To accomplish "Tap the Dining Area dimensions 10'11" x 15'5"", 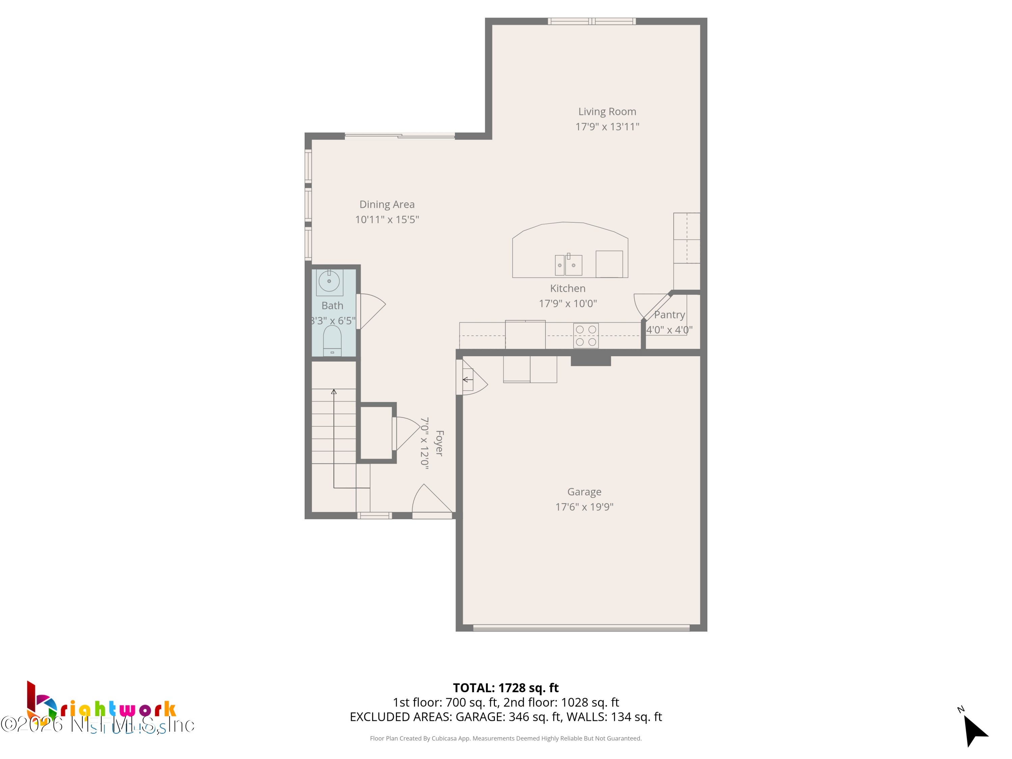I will click(387, 220).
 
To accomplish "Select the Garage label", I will click(584, 492).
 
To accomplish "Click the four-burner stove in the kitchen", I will click(586, 336).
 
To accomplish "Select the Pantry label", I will click(669, 315).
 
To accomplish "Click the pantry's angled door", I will click(656, 306).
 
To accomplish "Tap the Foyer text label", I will click(439, 443).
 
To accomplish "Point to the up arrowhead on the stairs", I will click(334, 392).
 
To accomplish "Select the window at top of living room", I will click(592, 21).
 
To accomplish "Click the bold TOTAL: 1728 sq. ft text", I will click(506, 687).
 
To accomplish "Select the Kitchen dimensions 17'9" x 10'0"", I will click(567, 303).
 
